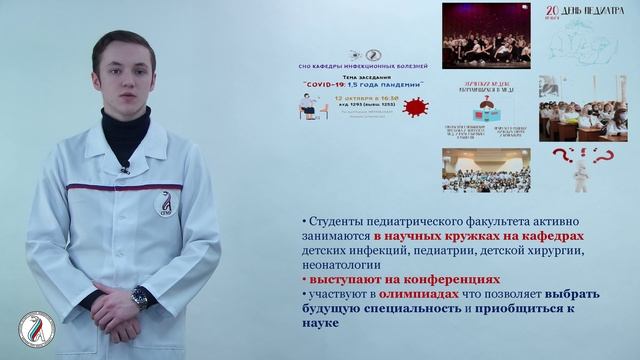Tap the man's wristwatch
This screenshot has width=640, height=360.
(141, 296)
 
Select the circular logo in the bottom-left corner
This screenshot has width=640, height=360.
(36, 329)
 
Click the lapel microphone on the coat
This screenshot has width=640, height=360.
(124, 166)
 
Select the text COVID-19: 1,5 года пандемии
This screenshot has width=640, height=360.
(362, 84)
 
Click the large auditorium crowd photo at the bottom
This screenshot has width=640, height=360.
(486, 170)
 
